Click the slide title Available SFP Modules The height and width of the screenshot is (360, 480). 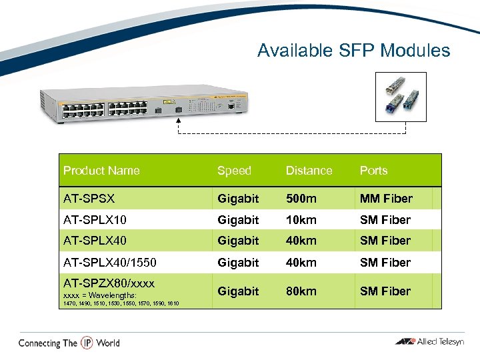(x=353, y=51)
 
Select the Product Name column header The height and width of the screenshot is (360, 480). (x=101, y=171)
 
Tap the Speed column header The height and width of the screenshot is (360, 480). (x=234, y=171)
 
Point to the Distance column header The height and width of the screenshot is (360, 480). (x=309, y=171)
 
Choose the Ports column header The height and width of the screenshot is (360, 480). (x=373, y=171)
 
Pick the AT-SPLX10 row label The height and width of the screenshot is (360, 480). (x=95, y=220)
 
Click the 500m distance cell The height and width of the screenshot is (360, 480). (x=303, y=199)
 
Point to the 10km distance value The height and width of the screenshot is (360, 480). (x=301, y=220)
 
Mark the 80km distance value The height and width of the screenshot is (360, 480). (x=301, y=291)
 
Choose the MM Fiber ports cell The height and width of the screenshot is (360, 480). (x=386, y=199)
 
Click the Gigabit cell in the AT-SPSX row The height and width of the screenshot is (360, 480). (x=238, y=199)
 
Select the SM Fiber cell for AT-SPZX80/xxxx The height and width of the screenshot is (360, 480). (x=385, y=291)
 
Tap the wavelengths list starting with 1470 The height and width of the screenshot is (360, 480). (x=121, y=303)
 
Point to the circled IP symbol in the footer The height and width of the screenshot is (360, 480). (x=87, y=343)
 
